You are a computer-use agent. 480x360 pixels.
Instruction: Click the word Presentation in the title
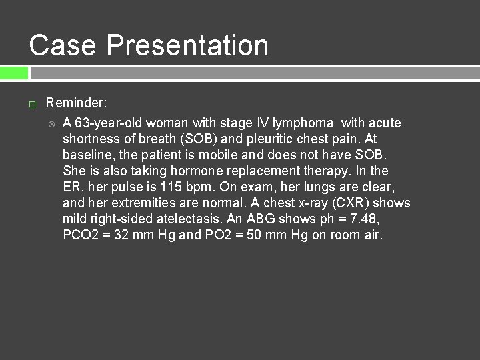pos(187,45)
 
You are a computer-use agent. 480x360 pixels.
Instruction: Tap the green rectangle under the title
pos(14,73)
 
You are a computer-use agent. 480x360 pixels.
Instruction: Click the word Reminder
pos(76,103)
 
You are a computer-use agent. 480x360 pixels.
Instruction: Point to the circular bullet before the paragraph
pos(51,123)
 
